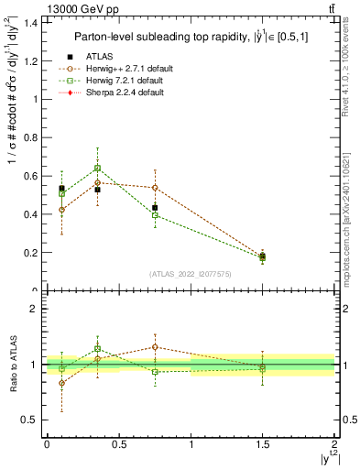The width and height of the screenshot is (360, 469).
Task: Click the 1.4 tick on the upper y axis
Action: coord(32,22)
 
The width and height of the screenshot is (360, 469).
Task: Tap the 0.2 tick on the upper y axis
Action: coord(32,253)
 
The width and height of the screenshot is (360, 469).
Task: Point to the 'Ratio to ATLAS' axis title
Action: coord(13,366)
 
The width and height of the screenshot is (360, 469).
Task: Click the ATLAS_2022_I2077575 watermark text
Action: coord(191,274)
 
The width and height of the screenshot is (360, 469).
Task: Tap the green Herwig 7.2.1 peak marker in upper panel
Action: coord(97,168)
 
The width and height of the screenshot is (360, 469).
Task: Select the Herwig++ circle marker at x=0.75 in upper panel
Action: coord(155,188)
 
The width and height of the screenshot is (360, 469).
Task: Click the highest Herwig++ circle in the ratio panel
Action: coord(155,347)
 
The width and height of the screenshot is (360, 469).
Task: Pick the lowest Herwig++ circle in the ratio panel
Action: coord(61,384)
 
